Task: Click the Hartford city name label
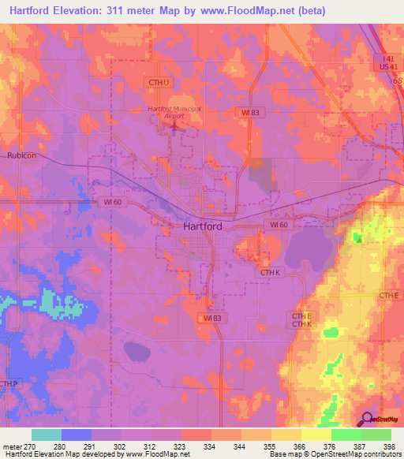(202, 226)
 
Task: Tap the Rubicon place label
(22, 155)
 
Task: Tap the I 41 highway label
(384, 60)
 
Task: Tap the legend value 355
(268, 446)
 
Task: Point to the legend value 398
(388, 446)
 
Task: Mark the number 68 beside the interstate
(398, 80)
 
